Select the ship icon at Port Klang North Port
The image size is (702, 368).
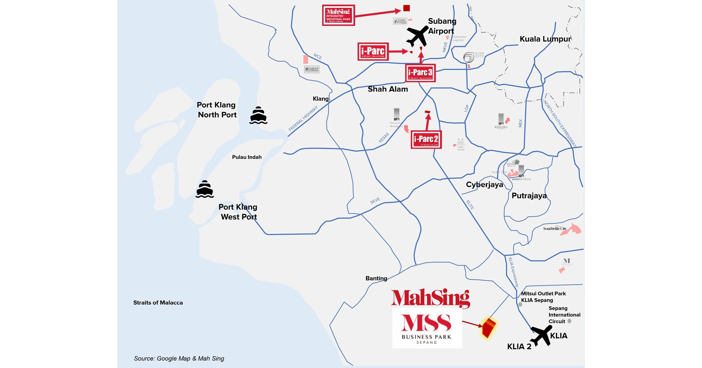tap(258, 115)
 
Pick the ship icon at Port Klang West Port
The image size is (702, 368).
tap(205, 189)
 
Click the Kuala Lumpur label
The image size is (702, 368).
tap(545, 39)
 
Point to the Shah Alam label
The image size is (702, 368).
tap(388, 89)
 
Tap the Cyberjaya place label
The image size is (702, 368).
tap(484, 185)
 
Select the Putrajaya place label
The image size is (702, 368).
tap(529, 196)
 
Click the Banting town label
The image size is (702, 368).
tap(376, 278)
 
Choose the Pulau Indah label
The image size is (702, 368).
tap(247, 157)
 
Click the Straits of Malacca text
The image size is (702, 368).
tap(158, 303)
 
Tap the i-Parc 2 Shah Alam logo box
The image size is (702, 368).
tap(426, 140)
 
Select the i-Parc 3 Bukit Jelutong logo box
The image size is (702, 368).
tap(420, 73)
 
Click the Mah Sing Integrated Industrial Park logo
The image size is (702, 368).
tap(338, 15)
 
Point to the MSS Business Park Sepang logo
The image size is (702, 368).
tap(427, 328)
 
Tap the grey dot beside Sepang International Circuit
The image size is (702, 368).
tap(569, 321)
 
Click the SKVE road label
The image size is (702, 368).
tap(375, 201)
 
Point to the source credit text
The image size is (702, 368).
tap(179, 358)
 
